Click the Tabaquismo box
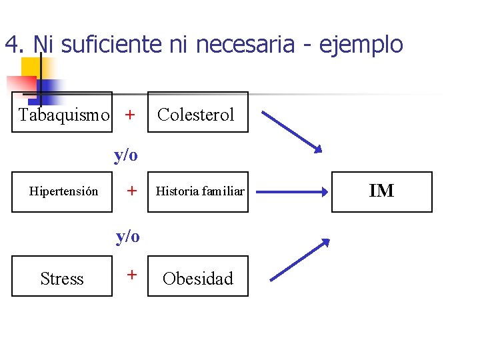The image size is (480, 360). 62,113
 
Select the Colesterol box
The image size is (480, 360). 197,113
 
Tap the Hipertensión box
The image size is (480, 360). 62,192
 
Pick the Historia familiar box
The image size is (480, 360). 197,192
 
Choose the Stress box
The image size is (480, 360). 62,277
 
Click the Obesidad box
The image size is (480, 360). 197,277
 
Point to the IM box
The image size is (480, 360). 381,192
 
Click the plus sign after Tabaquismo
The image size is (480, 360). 130,115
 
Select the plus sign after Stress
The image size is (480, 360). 132,274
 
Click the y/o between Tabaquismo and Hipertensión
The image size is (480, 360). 125,155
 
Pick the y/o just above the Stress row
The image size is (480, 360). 127,236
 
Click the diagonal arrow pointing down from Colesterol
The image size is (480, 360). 291,131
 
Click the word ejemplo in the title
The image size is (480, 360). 361,45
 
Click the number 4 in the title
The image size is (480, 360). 10,45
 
